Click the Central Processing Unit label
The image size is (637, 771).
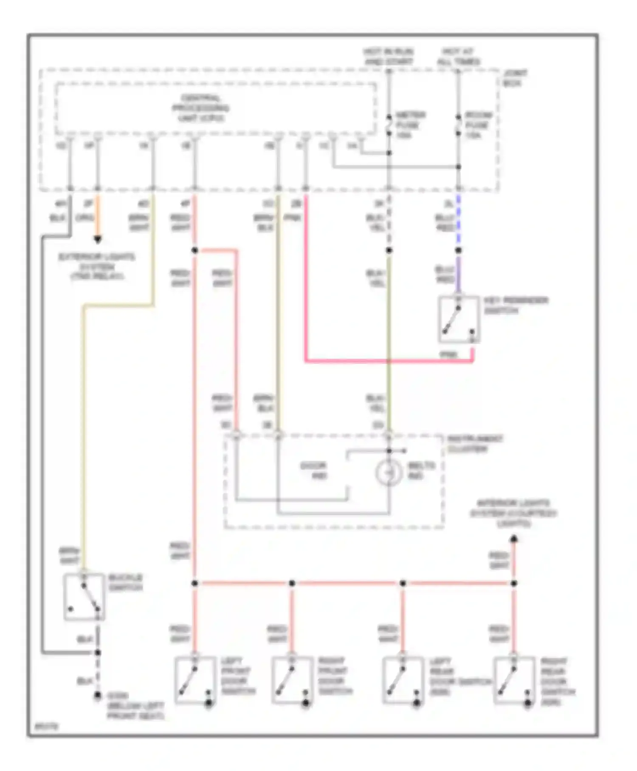point(200,108)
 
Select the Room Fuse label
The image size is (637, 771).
point(478,125)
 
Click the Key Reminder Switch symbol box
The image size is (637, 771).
point(459,319)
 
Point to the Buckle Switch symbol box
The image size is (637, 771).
point(84,596)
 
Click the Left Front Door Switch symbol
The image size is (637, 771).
point(194,680)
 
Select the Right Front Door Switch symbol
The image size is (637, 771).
point(292,680)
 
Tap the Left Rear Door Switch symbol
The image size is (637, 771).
point(403,680)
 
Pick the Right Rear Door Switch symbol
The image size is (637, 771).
point(514,680)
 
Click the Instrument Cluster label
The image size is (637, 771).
point(475,444)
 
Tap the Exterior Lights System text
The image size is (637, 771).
point(97,266)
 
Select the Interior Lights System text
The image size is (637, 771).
point(513,513)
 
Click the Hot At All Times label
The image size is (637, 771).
point(458,57)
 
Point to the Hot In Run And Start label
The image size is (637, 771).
point(388,57)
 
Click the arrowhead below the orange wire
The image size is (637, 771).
point(98,240)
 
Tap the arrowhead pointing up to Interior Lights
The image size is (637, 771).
point(514,539)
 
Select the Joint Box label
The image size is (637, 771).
point(514,78)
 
